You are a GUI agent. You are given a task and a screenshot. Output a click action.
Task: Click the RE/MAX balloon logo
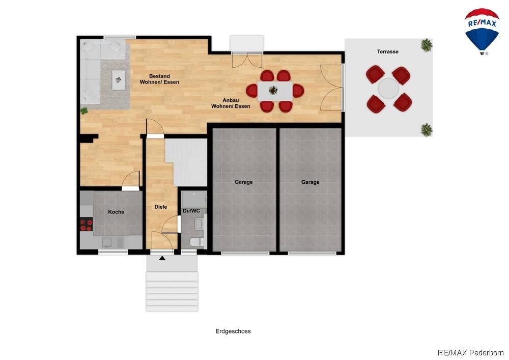482,32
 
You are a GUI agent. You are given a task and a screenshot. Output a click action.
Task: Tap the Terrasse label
387,51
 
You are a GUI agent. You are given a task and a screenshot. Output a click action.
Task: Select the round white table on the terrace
388,88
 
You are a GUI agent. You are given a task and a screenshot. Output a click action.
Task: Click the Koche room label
116,212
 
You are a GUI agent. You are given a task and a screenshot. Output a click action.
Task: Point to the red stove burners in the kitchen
87,225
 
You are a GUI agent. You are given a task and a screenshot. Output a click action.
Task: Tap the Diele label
161,207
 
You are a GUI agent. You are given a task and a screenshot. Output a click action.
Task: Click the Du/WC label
191,211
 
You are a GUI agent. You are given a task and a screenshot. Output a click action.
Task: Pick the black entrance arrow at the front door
162,258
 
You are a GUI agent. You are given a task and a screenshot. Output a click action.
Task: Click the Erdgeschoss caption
233,331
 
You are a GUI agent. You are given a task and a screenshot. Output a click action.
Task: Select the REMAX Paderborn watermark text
470,352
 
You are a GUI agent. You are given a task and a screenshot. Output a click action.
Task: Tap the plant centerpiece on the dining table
273,90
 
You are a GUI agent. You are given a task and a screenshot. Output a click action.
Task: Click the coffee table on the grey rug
119,80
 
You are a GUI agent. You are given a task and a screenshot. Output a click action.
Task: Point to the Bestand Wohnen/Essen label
159,79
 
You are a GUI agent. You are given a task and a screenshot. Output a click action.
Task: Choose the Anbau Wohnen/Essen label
231,103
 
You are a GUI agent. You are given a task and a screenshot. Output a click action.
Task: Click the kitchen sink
107,242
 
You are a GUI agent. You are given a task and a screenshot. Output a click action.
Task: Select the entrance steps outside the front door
172,291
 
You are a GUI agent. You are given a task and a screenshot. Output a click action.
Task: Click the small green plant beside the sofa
84,110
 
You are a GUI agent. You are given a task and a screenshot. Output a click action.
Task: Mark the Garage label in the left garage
243,182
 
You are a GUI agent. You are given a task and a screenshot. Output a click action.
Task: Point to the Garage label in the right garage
310,182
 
